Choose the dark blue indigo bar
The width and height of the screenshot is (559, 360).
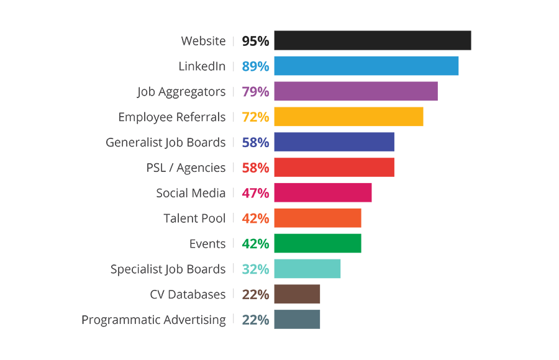click(317, 142)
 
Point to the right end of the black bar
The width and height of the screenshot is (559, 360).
click(469, 42)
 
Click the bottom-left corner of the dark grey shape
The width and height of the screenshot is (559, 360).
click(84, 326)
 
